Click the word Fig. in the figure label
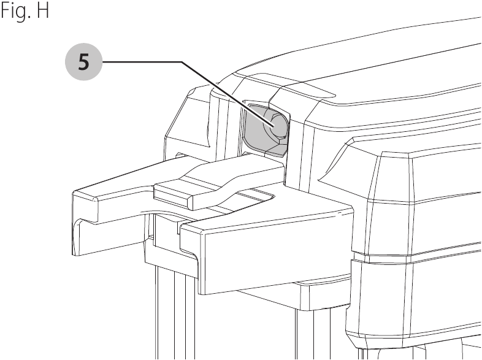click(x=14, y=12)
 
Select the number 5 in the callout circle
click(x=83, y=62)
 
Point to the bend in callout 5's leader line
click(x=182, y=63)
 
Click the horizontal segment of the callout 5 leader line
click(x=142, y=63)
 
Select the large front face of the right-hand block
click(x=277, y=255)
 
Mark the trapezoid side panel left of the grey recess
click(x=188, y=120)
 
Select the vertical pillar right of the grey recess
click(x=295, y=148)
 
